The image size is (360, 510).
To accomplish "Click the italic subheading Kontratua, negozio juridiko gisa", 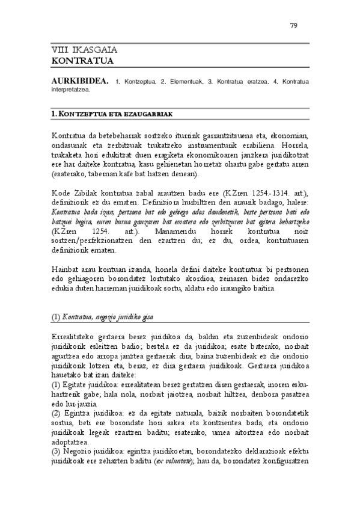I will (105, 316).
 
